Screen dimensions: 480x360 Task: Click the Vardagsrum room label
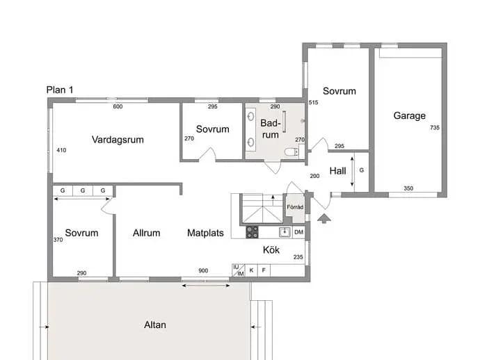118,140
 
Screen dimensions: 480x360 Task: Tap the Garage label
409,115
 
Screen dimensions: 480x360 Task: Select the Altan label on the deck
155,325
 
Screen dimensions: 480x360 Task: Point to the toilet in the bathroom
291,152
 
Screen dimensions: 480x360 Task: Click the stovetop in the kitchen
253,232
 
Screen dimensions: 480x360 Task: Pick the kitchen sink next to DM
285,232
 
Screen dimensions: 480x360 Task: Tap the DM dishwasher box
298,232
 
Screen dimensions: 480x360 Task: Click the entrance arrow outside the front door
324,218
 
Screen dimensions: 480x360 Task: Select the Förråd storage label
295,207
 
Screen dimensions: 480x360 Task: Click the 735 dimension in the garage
435,128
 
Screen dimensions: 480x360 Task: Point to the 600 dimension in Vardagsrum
118,106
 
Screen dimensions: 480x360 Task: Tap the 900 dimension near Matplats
203,270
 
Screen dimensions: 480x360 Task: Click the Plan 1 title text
60,90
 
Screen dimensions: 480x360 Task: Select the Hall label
337,171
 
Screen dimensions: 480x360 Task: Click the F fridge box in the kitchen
264,270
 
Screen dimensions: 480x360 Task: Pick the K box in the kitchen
252,270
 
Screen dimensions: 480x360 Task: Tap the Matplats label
205,233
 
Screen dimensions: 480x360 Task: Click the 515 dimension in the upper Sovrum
314,102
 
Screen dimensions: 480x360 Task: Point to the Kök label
271,250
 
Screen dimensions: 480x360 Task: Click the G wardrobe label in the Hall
362,170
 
